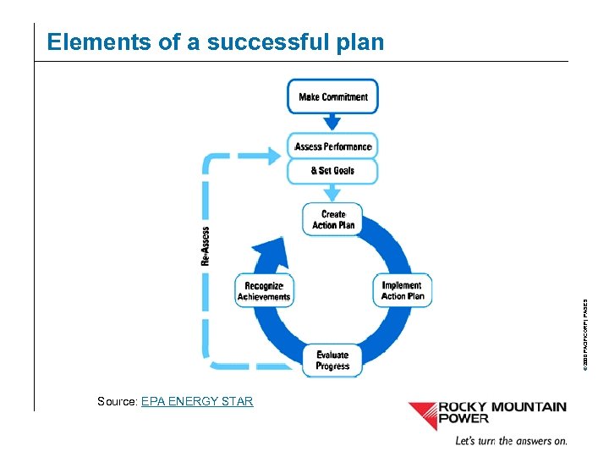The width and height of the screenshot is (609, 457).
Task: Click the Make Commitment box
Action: tap(333, 96)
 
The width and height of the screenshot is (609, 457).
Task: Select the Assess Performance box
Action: tap(332, 146)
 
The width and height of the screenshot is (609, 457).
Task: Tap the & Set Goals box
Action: tap(332, 171)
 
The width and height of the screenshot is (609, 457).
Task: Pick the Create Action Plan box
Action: tap(333, 219)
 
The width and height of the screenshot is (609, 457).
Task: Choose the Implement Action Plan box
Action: tap(403, 290)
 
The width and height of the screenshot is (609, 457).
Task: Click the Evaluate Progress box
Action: tap(332, 361)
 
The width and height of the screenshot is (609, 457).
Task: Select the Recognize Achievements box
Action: tap(264, 291)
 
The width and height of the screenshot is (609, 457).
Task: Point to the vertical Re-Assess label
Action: tap(206, 246)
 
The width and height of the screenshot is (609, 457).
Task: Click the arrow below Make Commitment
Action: tap(332, 122)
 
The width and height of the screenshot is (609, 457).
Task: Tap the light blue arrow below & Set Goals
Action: tap(332, 192)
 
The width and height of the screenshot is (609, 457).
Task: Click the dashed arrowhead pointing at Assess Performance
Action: tap(272, 156)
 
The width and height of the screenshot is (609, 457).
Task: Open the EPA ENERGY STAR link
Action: tap(197, 401)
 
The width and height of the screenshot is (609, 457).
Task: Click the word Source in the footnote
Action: tap(117, 401)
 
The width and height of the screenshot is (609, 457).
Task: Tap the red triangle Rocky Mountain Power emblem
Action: tap(422, 415)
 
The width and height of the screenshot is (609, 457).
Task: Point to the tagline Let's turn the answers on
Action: tap(511, 440)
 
